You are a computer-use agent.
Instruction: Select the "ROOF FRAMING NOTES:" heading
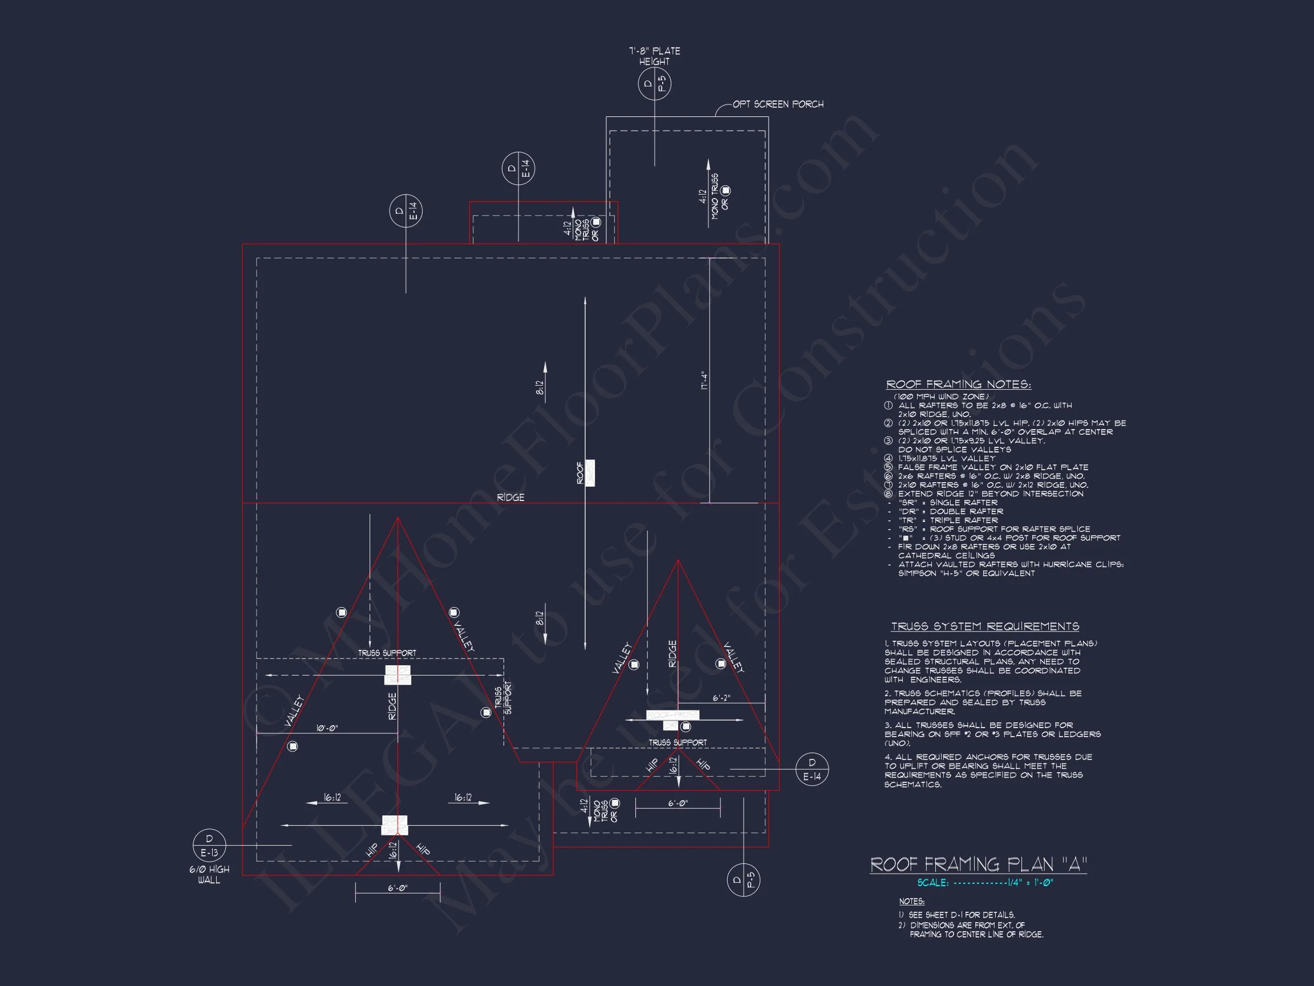tap(959, 385)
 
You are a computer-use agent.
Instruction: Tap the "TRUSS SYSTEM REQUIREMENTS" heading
tap(985, 627)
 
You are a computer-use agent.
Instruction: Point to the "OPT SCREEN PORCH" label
tap(777, 104)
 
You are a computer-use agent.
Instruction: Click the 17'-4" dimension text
tap(704, 381)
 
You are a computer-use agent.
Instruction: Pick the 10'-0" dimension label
tap(326, 728)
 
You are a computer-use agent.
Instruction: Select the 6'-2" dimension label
tap(721, 698)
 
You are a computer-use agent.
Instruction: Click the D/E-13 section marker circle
tap(209, 846)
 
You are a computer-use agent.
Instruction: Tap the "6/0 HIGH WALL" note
tap(209, 875)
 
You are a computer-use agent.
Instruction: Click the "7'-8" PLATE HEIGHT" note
tap(654, 56)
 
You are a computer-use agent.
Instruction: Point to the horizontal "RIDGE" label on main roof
tap(510, 498)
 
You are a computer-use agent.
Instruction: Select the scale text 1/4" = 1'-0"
tap(1030, 883)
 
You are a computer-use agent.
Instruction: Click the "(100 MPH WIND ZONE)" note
tap(941, 397)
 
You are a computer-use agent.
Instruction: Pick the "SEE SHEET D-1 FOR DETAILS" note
tap(961, 915)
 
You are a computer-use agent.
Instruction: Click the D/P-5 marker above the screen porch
tap(654, 84)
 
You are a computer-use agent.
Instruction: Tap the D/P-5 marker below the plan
tap(743, 880)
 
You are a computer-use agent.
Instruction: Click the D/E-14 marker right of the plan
tap(812, 769)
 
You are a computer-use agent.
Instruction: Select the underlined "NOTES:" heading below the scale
tap(911, 902)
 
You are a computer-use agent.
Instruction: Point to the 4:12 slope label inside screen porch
tap(703, 197)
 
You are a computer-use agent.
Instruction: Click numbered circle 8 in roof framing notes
tap(888, 494)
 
